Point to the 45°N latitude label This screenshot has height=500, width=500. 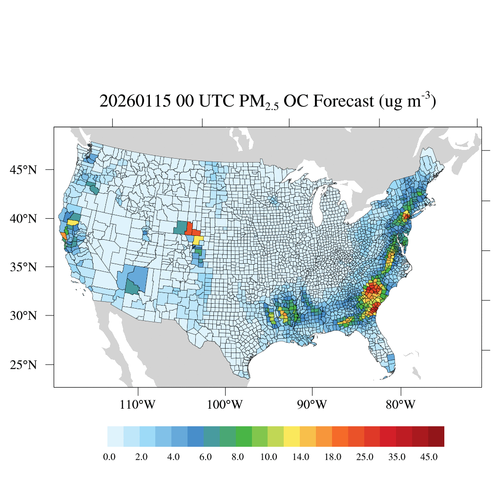point(23,170)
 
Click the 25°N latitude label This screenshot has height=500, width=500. point(23,365)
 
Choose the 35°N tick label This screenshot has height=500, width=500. point(23,267)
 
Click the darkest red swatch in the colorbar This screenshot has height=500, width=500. point(436,437)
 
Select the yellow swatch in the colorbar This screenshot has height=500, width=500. point(292,437)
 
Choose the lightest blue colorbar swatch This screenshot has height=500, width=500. point(115,437)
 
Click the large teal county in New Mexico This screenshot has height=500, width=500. point(131,286)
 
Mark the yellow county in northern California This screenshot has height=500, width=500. point(72,222)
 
